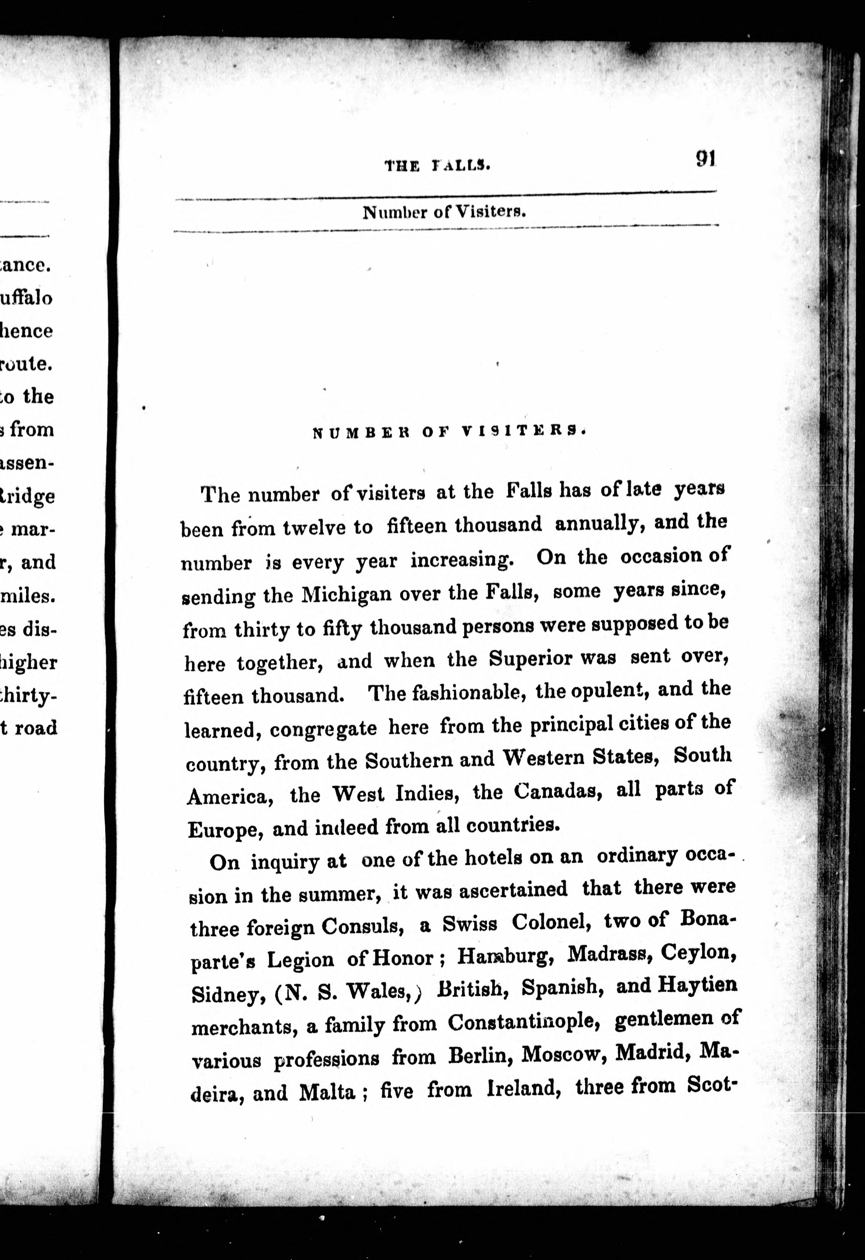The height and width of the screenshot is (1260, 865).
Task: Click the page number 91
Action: [706, 159]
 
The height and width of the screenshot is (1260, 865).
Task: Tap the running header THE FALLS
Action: [437, 165]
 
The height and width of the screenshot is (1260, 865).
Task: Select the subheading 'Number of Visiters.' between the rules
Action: [444, 211]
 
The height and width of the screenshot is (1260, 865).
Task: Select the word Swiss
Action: [469, 923]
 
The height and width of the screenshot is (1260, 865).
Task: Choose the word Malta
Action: [327, 1091]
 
